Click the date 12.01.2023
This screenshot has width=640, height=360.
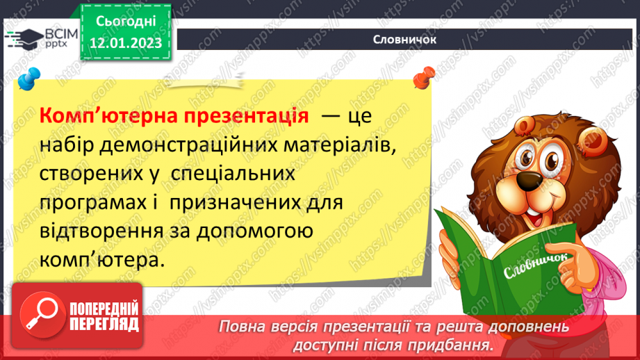(126, 44)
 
